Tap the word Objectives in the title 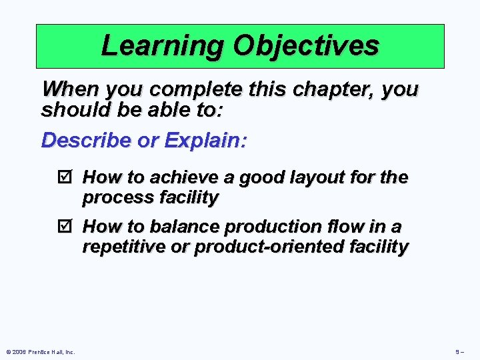pyautogui.click(x=306, y=46)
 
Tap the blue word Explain pyautogui.click(x=206, y=141)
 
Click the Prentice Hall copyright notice pyautogui.click(x=39, y=351)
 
